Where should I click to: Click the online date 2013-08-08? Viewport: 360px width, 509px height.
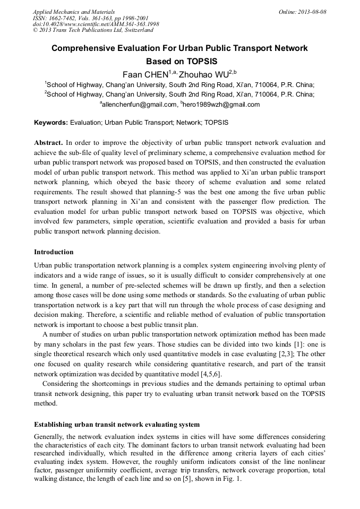[x=312, y=12]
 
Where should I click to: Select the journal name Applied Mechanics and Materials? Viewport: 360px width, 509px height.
[x=74, y=12]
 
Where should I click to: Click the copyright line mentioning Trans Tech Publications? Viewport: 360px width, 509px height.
[x=93, y=31]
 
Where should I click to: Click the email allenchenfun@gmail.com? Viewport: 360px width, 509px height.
[x=139, y=105]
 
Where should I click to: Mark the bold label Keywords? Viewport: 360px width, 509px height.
[x=51, y=123]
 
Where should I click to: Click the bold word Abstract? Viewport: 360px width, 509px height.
[x=48, y=143]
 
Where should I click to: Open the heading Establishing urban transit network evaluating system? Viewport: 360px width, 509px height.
[x=117, y=425]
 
